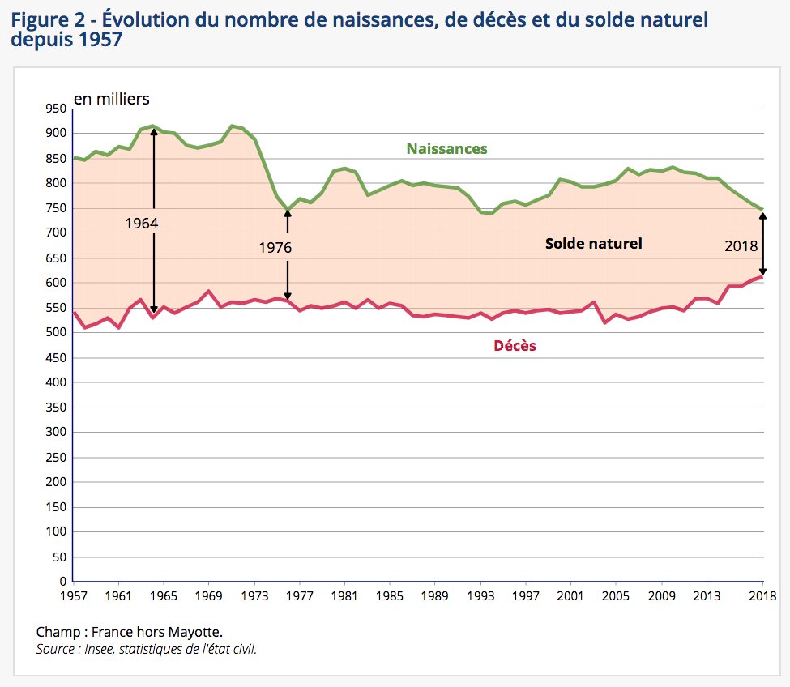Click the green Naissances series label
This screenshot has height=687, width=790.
point(446,149)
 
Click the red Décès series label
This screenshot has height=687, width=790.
point(515,346)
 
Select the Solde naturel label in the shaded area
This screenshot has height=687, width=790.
point(593,243)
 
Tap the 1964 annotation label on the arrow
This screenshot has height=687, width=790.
point(141,223)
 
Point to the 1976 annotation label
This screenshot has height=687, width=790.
point(275,248)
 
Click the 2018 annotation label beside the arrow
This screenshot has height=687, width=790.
point(741,246)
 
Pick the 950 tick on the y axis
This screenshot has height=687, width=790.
point(56,109)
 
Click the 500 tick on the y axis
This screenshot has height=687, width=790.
point(56,333)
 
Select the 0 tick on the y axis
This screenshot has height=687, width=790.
point(62,582)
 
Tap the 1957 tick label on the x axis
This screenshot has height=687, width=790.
point(74,596)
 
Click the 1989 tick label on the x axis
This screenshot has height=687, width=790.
point(435,596)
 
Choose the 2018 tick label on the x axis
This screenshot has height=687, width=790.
point(762,596)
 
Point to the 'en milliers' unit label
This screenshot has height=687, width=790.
point(112,99)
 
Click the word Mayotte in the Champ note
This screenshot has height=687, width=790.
point(192,632)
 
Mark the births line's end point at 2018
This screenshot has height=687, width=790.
point(762,209)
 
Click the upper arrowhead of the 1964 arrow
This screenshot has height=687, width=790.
point(153,130)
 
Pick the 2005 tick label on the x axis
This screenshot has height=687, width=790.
point(616,596)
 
